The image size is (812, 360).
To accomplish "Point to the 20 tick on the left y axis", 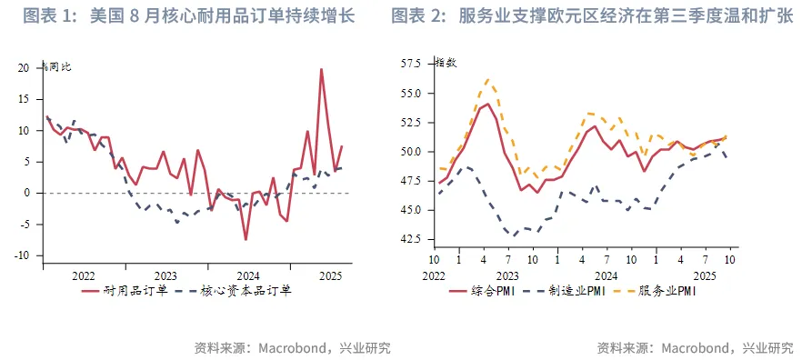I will pyautogui.click(x=25, y=68).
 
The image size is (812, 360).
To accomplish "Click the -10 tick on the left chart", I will pyautogui.click(x=23, y=255).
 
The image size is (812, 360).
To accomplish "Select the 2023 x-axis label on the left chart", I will pyautogui.click(x=165, y=275).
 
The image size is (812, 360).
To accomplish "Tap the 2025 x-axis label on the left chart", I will pyautogui.click(x=329, y=275).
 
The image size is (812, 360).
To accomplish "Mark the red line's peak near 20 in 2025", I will pyautogui.click(x=321, y=69).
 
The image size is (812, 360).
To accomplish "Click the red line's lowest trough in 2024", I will pyautogui.click(x=246, y=239).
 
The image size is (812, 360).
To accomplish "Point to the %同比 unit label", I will pyautogui.click(x=59, y=65).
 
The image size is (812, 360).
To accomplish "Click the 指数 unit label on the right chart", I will pyautogui.click(x=446, y=63).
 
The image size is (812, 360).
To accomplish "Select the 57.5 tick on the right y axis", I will pyautogui.click(x=410, y=64).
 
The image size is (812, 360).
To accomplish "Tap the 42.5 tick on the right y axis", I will pyautogui.click(x=410, y=239).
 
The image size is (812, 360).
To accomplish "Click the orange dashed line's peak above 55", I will pyautogui.click(x=488, y=79).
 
